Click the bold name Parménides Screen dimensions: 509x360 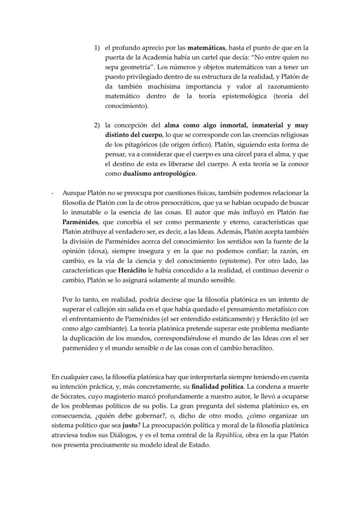(80, 221)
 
